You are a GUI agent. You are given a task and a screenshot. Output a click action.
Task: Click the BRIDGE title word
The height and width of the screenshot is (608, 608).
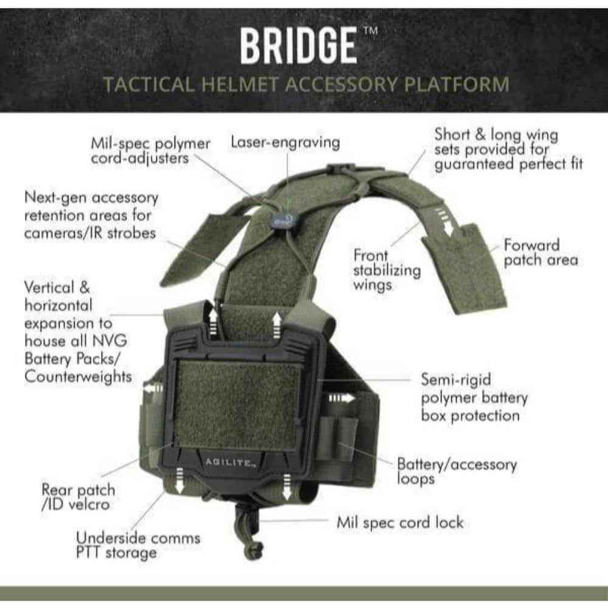click(x=298, y=46)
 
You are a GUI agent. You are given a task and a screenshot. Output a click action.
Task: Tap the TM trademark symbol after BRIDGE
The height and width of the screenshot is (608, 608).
click(x=371, y=30)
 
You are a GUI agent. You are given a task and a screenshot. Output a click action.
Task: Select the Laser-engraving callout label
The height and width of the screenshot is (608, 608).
click(x=285, y=142)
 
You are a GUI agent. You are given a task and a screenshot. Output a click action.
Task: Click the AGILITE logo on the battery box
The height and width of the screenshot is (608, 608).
click(x=230, y=462)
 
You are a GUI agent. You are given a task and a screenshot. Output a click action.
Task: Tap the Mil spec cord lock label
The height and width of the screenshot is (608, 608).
click(x=400, y=523)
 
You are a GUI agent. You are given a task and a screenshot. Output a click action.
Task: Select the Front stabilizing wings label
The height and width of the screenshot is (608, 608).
click(x=387, y=271)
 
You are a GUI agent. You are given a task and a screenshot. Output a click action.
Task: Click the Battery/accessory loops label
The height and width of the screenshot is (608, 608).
click(x=457, y=472)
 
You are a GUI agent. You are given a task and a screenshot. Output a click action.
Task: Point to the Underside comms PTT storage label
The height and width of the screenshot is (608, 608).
click(x=138, y=545)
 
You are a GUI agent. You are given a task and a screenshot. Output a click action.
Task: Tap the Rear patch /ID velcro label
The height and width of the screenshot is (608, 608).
click(x=78, y=497)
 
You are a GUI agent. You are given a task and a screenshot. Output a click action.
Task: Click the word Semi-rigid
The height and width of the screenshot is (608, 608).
click(x=456, y=380)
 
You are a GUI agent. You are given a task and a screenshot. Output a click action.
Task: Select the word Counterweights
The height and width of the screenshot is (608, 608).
click(x=78, y=376)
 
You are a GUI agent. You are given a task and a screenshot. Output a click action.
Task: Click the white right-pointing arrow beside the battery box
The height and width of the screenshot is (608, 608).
click(x=341, y=398)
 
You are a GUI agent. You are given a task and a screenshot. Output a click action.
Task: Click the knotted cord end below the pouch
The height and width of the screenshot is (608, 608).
click(x=254, y=550)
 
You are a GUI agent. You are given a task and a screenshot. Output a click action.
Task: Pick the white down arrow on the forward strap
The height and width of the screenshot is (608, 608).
click(x=447, y=223)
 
